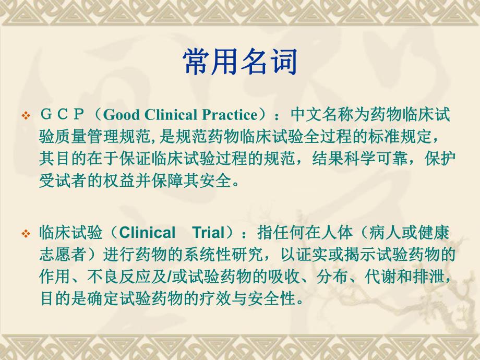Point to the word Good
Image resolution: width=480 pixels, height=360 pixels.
[x=119, y=115]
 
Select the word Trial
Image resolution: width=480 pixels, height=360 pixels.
[x=208, y=233]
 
